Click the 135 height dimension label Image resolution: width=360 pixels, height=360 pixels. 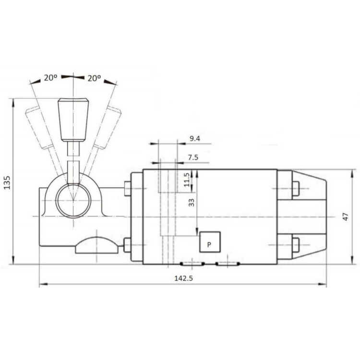pos(7,182)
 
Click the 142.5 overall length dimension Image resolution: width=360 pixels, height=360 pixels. pos(183,278)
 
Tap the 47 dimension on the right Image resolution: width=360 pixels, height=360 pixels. pos(346,217)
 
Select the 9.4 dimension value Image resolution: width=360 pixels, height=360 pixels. pos(195,138)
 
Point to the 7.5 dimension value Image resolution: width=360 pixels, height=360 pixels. pos(193,157)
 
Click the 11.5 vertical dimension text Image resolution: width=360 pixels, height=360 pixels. pos(187,180)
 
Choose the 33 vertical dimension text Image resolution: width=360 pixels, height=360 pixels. pos(191,202)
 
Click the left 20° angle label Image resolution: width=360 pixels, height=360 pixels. pos(50,78)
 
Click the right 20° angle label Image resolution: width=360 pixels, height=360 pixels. pos(94,78)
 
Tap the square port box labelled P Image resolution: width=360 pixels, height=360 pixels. pos(210,242)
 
